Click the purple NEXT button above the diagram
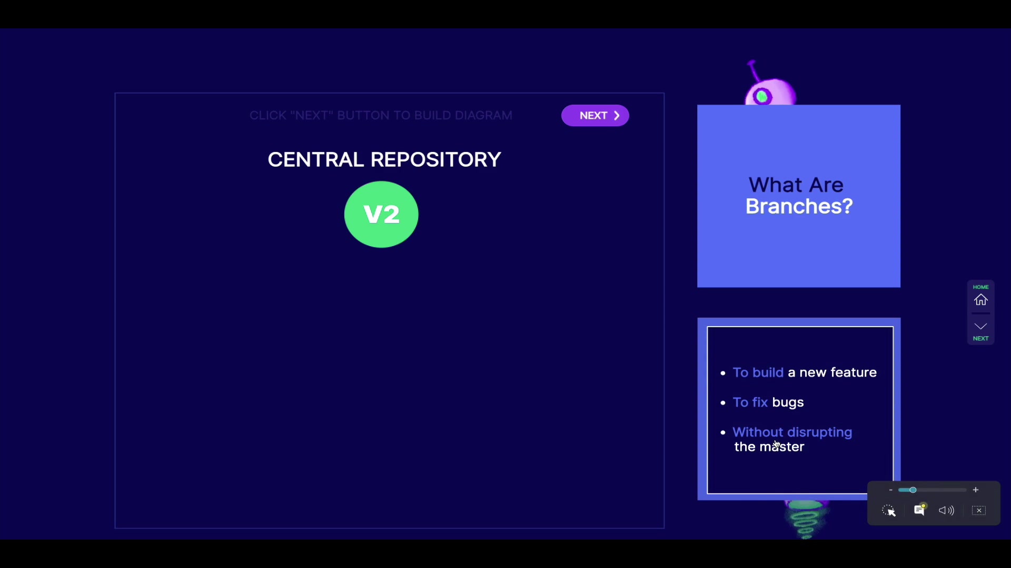click(595, 116)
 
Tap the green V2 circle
click(381, 214)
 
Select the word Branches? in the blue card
click(799, 206)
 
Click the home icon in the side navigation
click(980, 300)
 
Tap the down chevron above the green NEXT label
click(980, 327)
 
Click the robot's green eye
click(762, 97)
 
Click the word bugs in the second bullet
click(788, 402)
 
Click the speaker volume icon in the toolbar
click(946, 511)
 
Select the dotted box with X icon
click(979, 511)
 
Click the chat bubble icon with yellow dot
click(919, 510)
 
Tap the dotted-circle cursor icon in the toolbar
click(888, 511)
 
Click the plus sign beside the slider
click(976, 490)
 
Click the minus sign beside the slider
click(890, 490)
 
